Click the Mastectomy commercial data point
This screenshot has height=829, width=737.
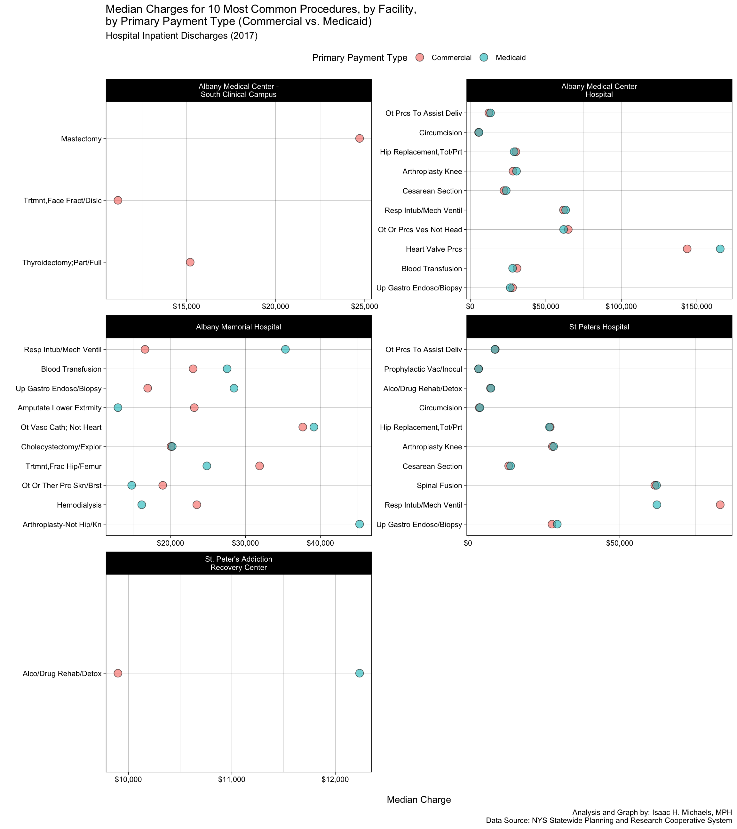[x=359, y=138]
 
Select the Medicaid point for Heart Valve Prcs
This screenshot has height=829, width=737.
[x=720, y=249]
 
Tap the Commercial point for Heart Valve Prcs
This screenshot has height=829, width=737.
[x=687, y=249]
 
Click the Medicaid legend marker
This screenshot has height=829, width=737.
[x=484, y=58]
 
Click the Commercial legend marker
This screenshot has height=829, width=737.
[x=420, y=58]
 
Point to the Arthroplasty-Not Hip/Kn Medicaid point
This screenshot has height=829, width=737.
[x=359, y=524]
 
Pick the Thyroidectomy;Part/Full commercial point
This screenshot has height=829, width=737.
[x=190, y=262]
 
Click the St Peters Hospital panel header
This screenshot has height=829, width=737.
[x=599, y=327]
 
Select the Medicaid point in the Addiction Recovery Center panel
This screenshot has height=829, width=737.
[x=359, y=673]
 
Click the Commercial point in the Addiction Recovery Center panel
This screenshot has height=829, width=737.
[x=118, y=673]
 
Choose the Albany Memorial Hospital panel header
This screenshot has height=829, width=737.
[x=239, y=327]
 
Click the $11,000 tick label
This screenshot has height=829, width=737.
[x=232, y=779]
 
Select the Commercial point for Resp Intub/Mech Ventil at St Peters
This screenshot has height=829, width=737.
[x=720, y=505]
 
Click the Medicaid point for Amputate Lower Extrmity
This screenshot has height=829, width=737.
[x=118, y=407]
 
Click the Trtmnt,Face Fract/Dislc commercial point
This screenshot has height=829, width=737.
[x=118, y=200]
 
